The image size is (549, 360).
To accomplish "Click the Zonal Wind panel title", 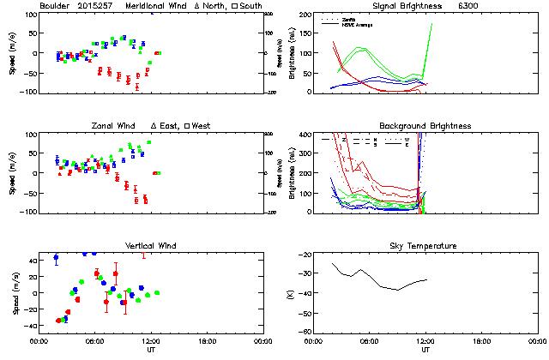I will point(115,126).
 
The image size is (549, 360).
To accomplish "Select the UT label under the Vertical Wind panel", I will point(150,349).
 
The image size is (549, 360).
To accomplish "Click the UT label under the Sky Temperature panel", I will point(425,349).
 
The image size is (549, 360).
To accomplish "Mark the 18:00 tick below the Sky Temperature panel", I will point(480,340).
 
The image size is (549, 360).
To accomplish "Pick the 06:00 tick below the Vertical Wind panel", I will point(94,340).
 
